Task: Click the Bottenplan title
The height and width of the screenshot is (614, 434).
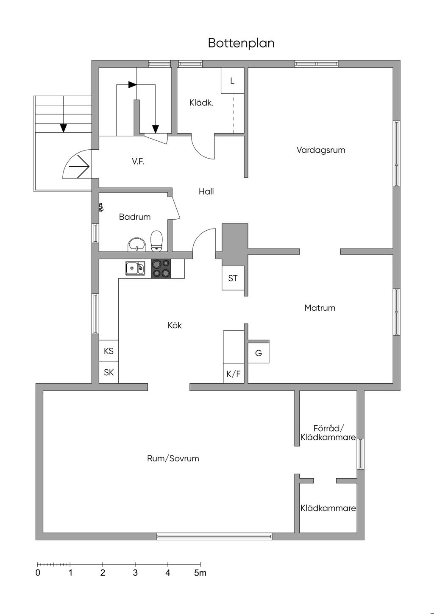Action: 241,43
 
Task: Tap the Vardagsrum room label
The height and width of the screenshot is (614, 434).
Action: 320,150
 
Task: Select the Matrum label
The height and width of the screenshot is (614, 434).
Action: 320,308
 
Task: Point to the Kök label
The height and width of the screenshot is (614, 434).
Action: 175,325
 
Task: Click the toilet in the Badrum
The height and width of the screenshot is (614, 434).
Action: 157,241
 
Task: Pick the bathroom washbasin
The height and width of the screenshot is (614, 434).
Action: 136,244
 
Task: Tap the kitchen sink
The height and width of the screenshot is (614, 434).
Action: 135,268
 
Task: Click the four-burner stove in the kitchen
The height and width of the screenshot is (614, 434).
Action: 161,269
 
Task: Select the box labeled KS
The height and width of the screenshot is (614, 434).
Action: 108,351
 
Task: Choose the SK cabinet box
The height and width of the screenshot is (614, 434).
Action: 108,372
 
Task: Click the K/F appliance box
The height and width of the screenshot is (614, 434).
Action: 234,373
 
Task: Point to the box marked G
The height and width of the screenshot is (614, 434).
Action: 259,353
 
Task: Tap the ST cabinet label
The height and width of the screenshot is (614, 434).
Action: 233,278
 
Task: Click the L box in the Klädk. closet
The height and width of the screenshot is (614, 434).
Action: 232,81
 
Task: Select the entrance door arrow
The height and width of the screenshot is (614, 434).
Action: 79,166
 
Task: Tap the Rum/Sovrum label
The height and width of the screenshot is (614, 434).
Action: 173,458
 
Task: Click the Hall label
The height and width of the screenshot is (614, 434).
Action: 206,191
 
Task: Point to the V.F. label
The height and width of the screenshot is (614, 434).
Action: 138,162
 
